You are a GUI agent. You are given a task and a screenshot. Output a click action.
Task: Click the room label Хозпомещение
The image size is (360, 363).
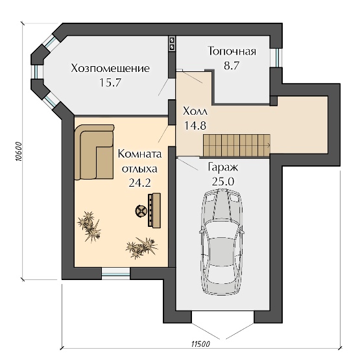(110, 68)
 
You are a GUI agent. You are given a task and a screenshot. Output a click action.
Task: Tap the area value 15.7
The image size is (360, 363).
(110, 82)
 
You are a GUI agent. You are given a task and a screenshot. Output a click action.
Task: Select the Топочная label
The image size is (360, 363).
(232, 51)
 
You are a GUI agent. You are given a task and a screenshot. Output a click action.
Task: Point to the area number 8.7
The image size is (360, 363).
(231, 65)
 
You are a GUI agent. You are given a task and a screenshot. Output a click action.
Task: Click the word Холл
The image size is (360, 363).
(195, 111)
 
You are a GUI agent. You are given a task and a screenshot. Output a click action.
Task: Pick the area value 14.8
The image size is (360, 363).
(195, 126)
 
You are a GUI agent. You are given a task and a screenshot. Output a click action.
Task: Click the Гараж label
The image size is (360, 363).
(223, 167)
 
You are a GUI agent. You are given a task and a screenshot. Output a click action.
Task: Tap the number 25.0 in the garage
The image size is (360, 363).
(223, 181)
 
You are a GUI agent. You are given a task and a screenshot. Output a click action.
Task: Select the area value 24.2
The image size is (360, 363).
(139, 183)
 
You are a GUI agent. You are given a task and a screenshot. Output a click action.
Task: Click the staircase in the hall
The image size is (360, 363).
(237, 145)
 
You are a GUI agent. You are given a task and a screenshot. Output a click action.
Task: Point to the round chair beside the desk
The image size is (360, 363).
(141, 211)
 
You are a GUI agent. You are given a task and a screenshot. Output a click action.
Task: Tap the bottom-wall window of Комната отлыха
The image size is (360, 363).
(116, 274)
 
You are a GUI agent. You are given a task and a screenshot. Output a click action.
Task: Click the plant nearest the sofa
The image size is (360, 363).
(90, 226)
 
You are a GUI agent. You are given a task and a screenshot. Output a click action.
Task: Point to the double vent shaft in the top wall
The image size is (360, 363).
(172, 43)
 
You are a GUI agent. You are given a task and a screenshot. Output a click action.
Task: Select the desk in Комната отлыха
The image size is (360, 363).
(154, 210)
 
